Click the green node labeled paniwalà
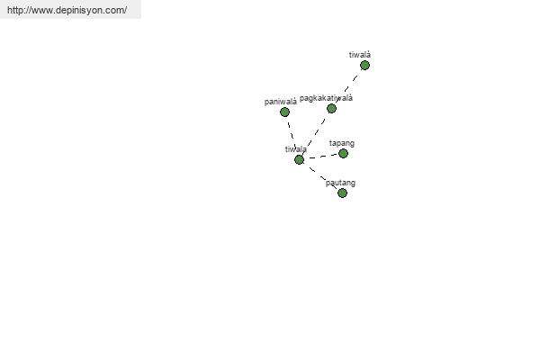(x=284, y=112)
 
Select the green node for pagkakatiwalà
(x=331, y=109)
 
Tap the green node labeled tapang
(x=343, y=153)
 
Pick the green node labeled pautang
(x=342, y=193)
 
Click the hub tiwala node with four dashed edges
(x=299, y=159)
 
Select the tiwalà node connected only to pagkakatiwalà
(x=364, y=65)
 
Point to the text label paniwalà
(x=281, y=102)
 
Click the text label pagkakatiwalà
(x=326, y=98)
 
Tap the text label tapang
(x=342, y=143)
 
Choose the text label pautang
(x=340, y=183)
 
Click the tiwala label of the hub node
(x=296, y=149)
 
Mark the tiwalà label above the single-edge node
(x=360, y=55)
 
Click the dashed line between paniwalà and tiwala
(x=292, y=135)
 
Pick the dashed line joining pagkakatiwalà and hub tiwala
(x=315, y=134)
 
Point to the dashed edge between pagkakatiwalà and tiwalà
(x=347, y=86)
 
